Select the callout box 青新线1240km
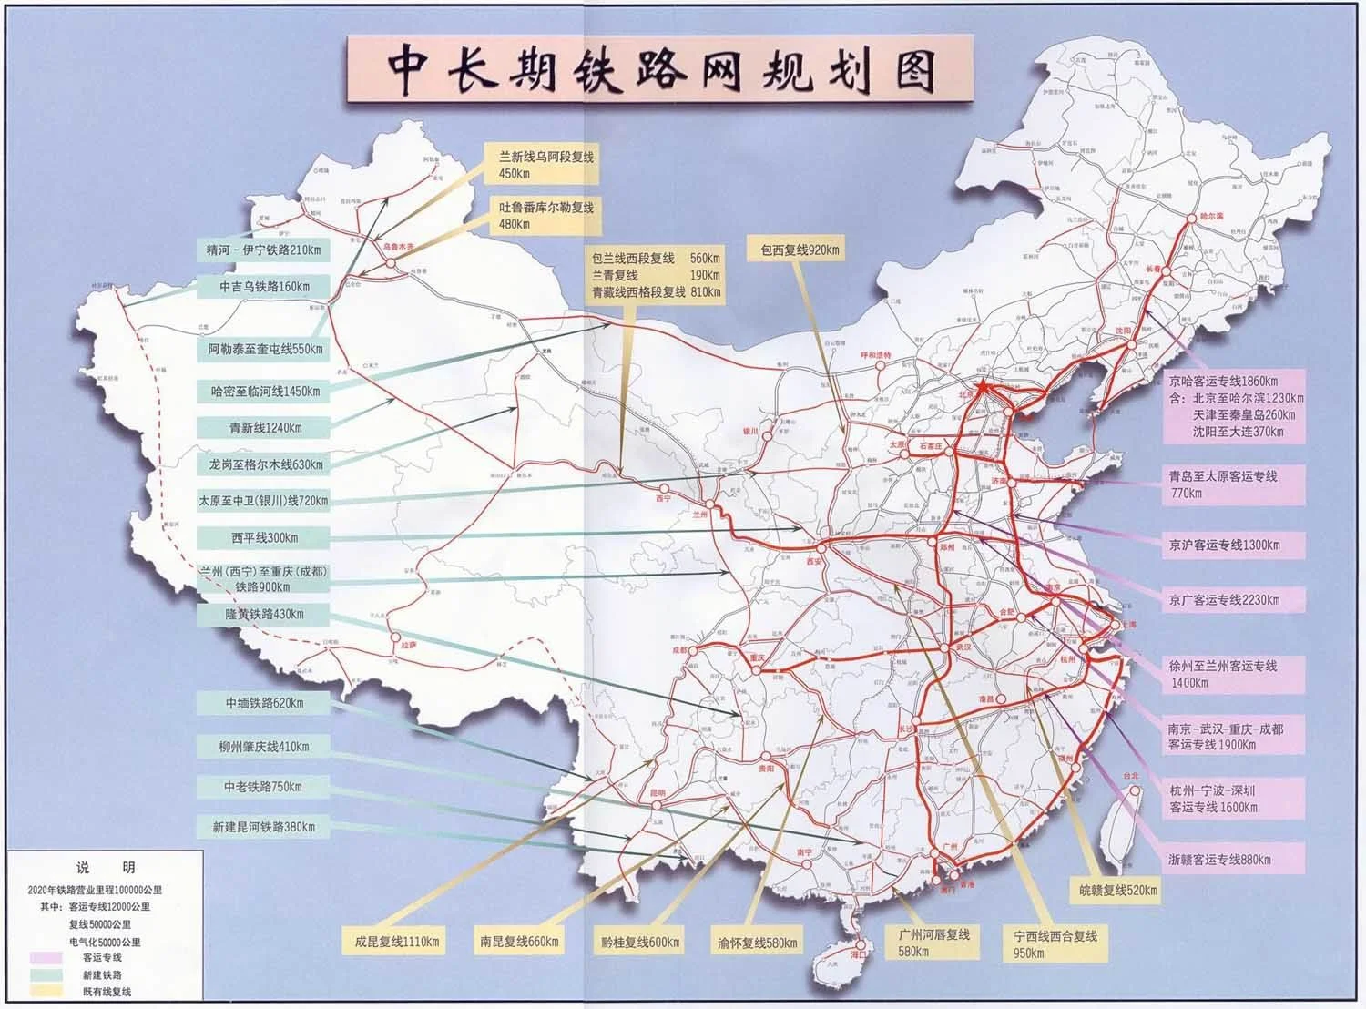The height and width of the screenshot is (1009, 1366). coord(264,427)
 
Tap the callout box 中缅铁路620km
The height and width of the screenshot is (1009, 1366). coord(264,703)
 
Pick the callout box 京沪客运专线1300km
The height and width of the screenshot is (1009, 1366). coord(1224,545)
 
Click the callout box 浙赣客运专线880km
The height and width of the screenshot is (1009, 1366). coord(1220,859)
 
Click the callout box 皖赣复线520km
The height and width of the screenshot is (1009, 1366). coord(1113,890)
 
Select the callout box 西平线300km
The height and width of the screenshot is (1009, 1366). coord(264,537)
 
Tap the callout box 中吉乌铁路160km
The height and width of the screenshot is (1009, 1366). coord(264,287)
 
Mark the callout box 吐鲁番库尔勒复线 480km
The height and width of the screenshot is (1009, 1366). coord(545,215)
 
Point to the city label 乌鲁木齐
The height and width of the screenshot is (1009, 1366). coord(397,246)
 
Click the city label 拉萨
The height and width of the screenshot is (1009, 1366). coord(408,645)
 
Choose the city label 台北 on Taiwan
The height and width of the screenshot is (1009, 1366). coord(1129,777)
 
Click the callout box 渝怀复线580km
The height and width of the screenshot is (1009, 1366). coord(758,943)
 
